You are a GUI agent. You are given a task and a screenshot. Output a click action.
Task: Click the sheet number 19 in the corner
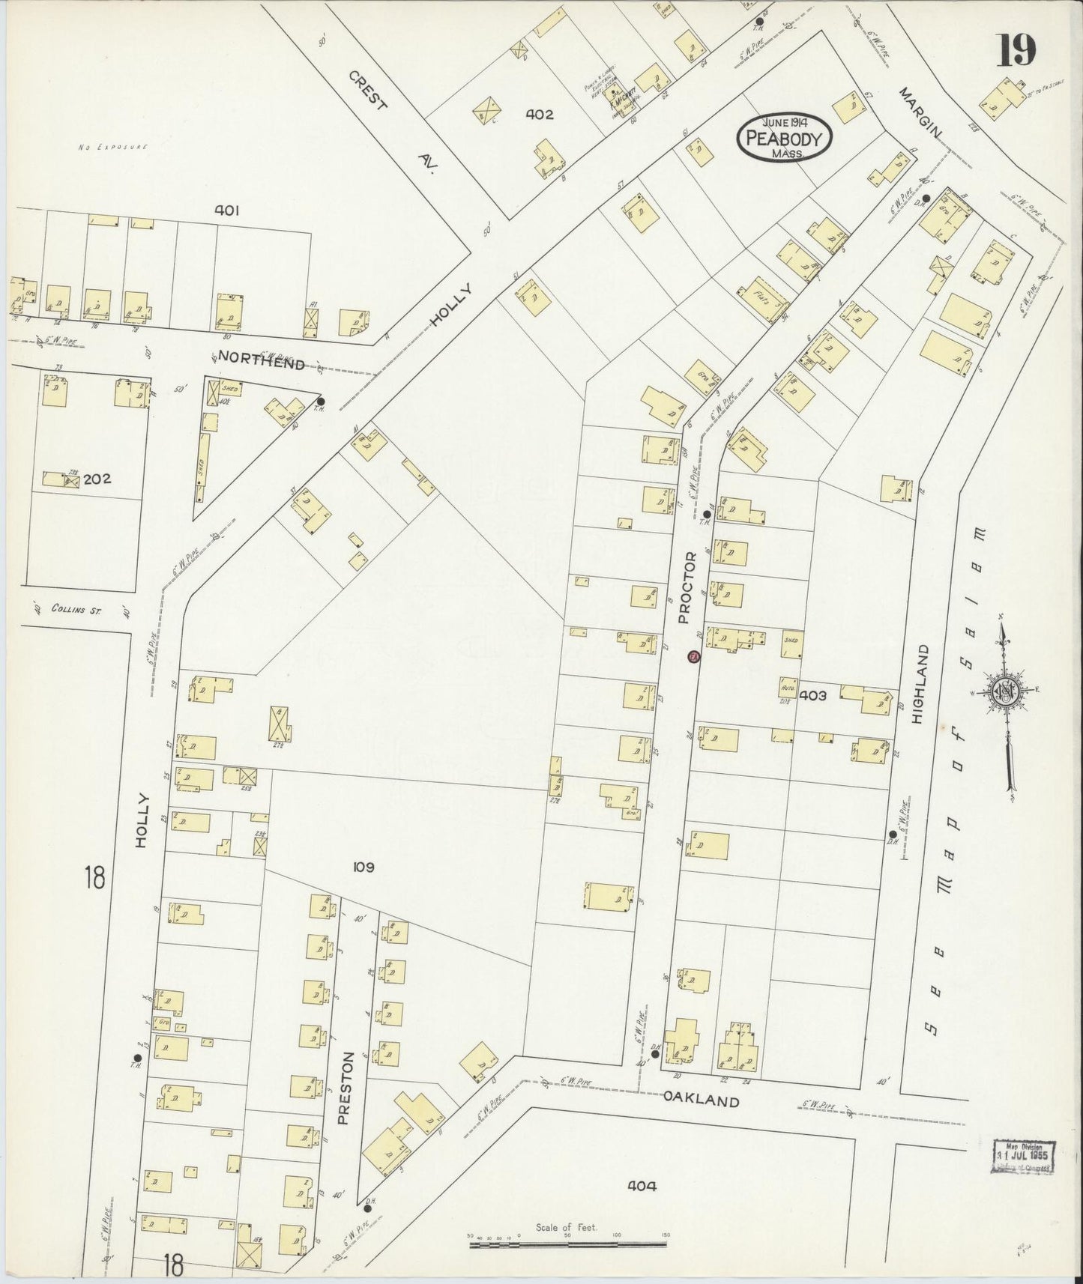[1016, 51]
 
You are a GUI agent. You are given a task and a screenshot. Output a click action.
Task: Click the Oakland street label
[701, 1100]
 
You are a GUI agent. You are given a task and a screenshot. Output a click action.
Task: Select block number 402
[539, 115]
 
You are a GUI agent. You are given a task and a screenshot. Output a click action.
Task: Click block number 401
[226, 211]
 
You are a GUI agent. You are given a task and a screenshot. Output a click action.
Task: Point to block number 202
[97, 479]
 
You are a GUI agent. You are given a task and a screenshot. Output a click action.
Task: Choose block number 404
[643, 1186]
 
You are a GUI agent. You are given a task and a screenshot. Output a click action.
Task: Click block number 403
[812, 695]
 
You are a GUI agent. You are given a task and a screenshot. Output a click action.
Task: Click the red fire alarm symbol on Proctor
[693, 656]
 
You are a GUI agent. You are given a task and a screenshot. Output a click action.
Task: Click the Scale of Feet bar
[567, 1244]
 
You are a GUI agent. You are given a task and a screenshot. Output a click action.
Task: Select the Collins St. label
[76, 610]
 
